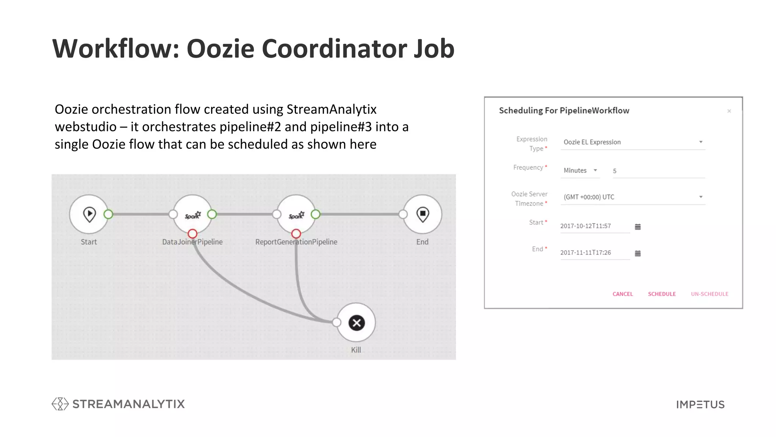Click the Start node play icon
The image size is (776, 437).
pyautogui.click(x=89, y=214)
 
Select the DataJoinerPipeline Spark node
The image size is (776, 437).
pyautogui.click(x=192, y=215)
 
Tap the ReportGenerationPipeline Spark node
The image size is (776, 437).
pyautogui.click(x=296, y=215)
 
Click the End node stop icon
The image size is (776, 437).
pyautogui.click(x=422, y=214)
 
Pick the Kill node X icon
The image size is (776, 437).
pyautogui.click(x=356, y=323)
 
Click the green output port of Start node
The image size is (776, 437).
pyautogui.click(x=108, y=214)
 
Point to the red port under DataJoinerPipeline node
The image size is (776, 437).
pyautogui.click(x=192, y=234)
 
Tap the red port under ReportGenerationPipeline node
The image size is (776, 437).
pyautogui.click(x=296, y=234)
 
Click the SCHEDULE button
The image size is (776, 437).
pyautogui.click(x=662, y=294)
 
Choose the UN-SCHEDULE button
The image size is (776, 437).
pyautogui.click(x=709, y=294)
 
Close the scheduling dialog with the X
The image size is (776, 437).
pyautogui.click(x=729, y=111)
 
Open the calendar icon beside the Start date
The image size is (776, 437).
pyautogui.click(x=638, y=227)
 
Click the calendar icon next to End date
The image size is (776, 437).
pyautogui.click(x=638, y=253)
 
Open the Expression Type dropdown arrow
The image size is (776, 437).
pyautogui.click(x=701, y=142)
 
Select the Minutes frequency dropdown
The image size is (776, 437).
pyautogui.click(x=580, y=171)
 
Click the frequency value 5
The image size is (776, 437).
pyautogui.click(x=615, y=171)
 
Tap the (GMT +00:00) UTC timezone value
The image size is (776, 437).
pyautogui.click(x=589, y=197)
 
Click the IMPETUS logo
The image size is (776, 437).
pyautogui.click(x=700, y=405)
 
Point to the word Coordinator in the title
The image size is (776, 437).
pyautogui.click(x=334, y=49)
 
